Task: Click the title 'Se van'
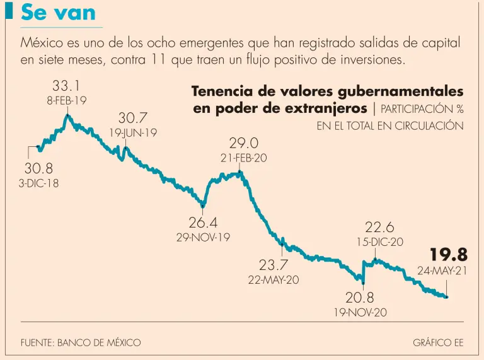point(59,13)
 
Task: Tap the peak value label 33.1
point(66,86)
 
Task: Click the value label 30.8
point(38,168)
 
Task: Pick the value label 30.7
point(133,118)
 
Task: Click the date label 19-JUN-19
point(134,133)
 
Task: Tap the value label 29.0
point(243,143)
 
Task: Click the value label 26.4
point(203,223)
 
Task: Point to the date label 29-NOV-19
point(203,238)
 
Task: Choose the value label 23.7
point(274,265)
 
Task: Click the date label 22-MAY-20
point(274,280)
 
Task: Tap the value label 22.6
point(380,227)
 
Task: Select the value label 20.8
point(360,297)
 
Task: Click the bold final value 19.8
point(449,255)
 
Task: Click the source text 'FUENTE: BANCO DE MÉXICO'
point(81,342)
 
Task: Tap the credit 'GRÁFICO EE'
point(438,342)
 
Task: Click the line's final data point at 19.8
point(447,297)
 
